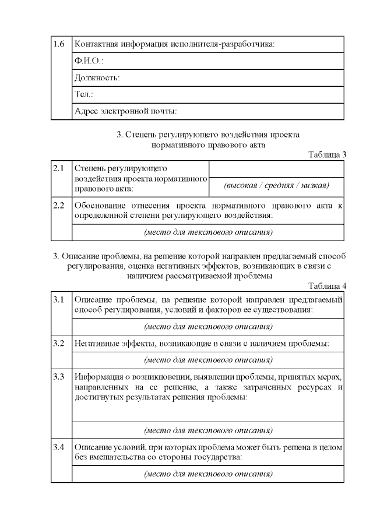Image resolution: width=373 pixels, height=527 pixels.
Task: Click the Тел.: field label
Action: [84, 94]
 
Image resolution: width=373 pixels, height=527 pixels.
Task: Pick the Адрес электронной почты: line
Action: [125, 111]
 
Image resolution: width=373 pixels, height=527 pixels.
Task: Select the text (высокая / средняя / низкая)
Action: [276, 186]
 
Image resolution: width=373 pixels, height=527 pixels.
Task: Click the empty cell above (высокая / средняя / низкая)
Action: [276, 169]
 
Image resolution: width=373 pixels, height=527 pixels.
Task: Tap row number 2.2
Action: [58, 206]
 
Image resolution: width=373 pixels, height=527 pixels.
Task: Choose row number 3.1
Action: [58, 299]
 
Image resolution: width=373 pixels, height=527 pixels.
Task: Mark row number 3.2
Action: [58, 343]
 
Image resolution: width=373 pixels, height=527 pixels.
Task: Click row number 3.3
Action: [58, 376]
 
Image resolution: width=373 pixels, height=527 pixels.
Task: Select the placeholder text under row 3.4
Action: [208, 474]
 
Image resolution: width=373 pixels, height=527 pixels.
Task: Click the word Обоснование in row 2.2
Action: [101, 206]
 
